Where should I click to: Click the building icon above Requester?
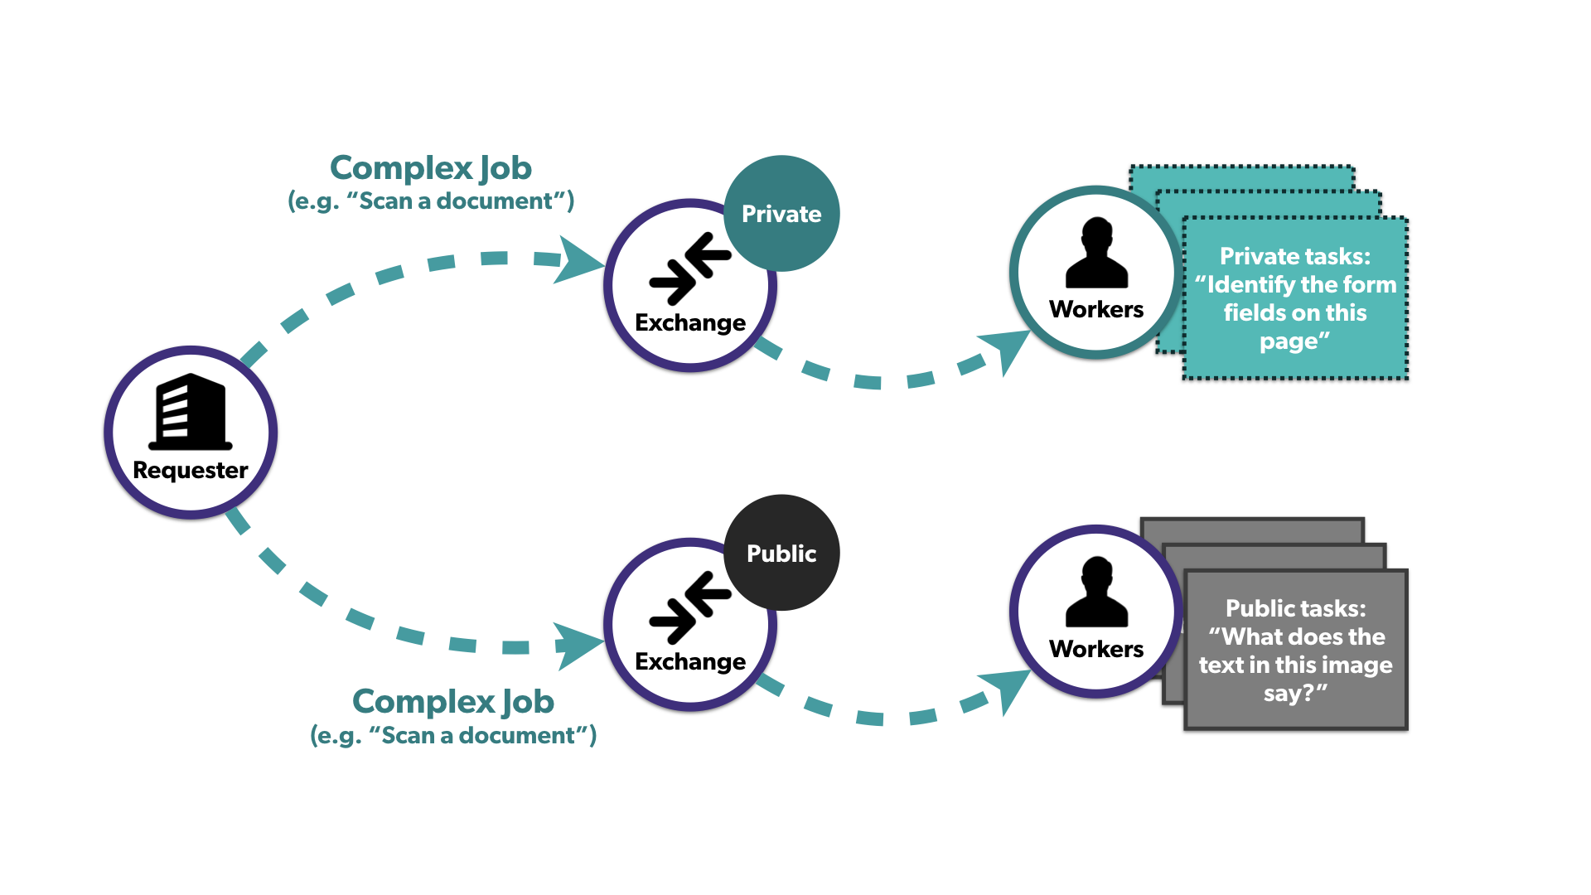tap(190, 412)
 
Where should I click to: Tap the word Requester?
tap(191, 470)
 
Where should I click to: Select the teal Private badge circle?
tap(781, 213)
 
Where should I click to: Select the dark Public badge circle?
tap(781, 553)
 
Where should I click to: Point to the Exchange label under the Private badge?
tap(690, 322)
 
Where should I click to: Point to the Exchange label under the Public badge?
tap(690, 661)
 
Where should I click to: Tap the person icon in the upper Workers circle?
tap(1096, 253)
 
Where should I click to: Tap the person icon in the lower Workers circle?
tap(1096, 592)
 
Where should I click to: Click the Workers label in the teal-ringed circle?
tap(1096, 309)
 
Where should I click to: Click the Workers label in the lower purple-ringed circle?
tap(1096, 649)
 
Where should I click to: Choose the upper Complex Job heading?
tap(431, 168)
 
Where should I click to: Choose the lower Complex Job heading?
tap(453, 702)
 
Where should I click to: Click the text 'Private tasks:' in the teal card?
tap(1295, 256)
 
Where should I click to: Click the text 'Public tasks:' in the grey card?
tap(1295, 608)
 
